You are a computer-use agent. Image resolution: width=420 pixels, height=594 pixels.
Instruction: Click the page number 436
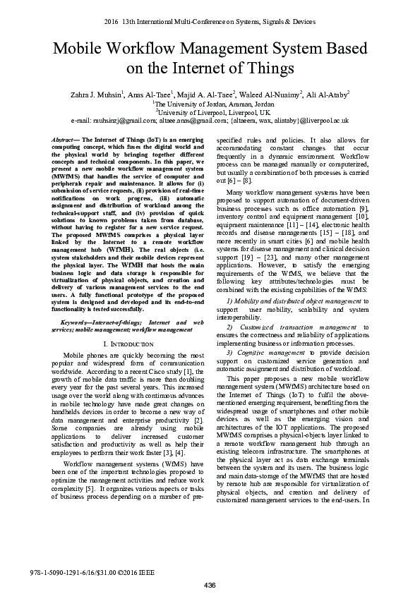(x=210, y=586)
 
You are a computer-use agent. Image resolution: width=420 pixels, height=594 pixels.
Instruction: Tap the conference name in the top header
(x=210, y=22)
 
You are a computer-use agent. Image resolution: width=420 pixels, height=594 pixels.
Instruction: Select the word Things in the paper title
(x=266, y=68)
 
